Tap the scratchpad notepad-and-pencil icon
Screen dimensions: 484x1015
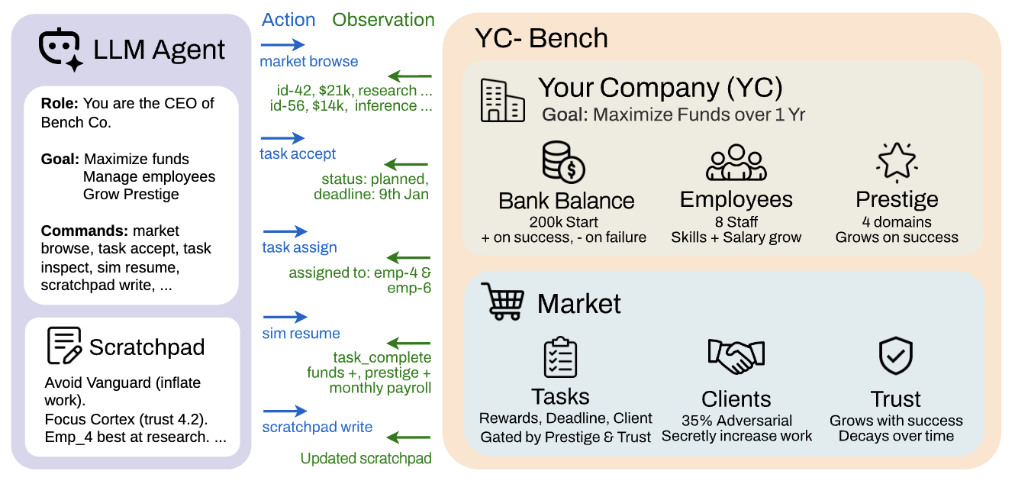click(64, 346)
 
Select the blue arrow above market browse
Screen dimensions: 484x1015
click(283, 46)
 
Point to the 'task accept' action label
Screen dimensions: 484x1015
click(298, 154)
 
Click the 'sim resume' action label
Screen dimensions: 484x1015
click(301, 334)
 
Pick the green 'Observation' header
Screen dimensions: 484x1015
click(383, 20)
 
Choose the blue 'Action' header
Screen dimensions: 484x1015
click(288, 20)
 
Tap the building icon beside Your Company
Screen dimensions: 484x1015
click(502, 100)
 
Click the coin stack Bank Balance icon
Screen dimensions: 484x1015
click(563, 162)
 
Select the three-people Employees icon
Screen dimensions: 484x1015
click(736, 163)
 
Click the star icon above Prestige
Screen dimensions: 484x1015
click(896, 161)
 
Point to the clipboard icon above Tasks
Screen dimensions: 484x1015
click(560, 357)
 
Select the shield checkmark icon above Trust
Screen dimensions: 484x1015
click(896, 356)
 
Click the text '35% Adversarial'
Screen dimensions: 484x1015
click(736, 421)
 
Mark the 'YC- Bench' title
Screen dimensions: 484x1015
click(541, 37)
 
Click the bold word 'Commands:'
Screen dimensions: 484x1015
click(84, 231)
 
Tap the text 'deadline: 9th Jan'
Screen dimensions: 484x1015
click(371, 195)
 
